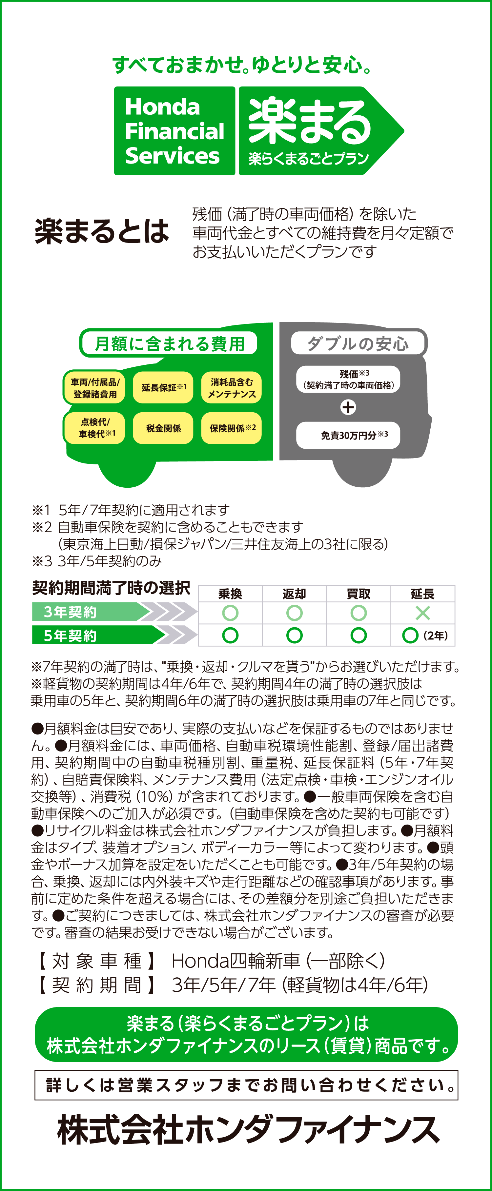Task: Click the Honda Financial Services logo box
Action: click(x=174, y=131)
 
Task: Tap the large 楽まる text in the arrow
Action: click(x=310, y=121)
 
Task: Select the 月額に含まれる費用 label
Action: click(x=169, y=343)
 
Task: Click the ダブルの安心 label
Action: click(x=358, y=343)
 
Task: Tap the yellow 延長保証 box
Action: click(x=163, y=387)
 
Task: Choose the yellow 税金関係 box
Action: click(x=163, y=428)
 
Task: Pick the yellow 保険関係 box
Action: click(x=232, y=428)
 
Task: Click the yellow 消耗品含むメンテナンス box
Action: click(x=232, y=387)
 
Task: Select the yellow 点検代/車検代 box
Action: click(x=95, y=428)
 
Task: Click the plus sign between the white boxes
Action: click(x=348, y=407)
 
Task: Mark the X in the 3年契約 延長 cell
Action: click(x=422, y=613)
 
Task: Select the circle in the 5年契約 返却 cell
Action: click(x=294, y=635)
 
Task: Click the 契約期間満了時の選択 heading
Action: click(x=111, y=588)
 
